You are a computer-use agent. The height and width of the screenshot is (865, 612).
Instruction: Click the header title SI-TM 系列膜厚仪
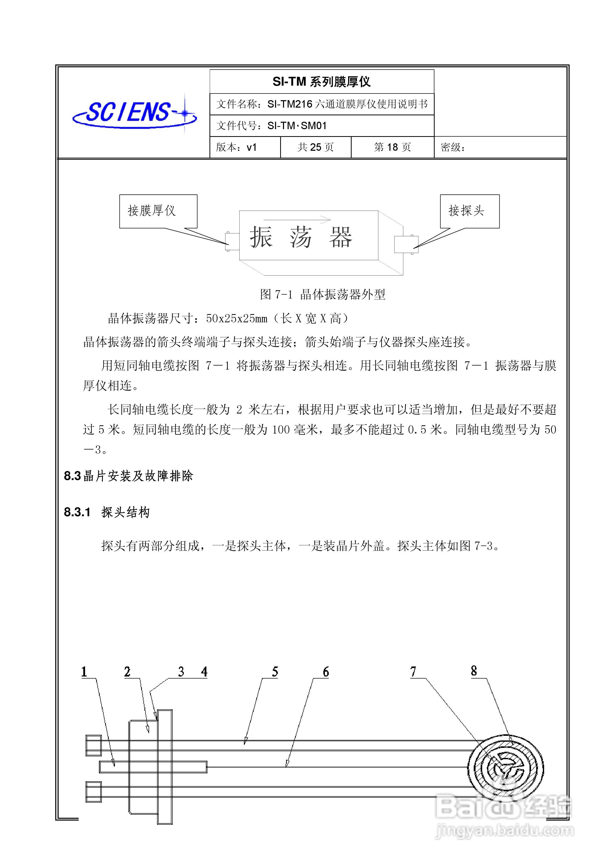click(321, 82)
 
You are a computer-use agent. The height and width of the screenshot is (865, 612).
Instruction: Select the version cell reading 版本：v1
click(236, 147)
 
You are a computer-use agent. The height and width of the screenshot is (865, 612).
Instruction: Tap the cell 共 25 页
click(316, 147)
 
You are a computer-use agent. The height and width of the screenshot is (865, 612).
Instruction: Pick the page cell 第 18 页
click(392, 147)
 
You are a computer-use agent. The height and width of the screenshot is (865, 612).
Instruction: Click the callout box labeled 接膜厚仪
click(158, 211)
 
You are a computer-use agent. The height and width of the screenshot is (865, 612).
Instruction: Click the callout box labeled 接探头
click(469, 211)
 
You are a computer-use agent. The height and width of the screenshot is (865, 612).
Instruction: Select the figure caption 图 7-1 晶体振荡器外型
click(322, 294)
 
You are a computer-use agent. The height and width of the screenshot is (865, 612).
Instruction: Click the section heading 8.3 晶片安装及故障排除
click(128, 476)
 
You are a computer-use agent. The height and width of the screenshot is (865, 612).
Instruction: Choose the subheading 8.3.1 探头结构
click(107, 512)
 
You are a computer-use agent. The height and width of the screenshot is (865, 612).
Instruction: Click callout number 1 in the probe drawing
click(84, 672)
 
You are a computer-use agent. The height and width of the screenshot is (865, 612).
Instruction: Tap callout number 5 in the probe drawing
click(275, 672)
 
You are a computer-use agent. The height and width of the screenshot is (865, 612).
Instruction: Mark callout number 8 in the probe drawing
click(474, 671)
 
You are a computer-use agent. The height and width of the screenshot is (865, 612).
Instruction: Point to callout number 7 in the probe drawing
click(413, 672)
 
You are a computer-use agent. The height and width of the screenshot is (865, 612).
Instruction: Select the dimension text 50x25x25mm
click(236, 319)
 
